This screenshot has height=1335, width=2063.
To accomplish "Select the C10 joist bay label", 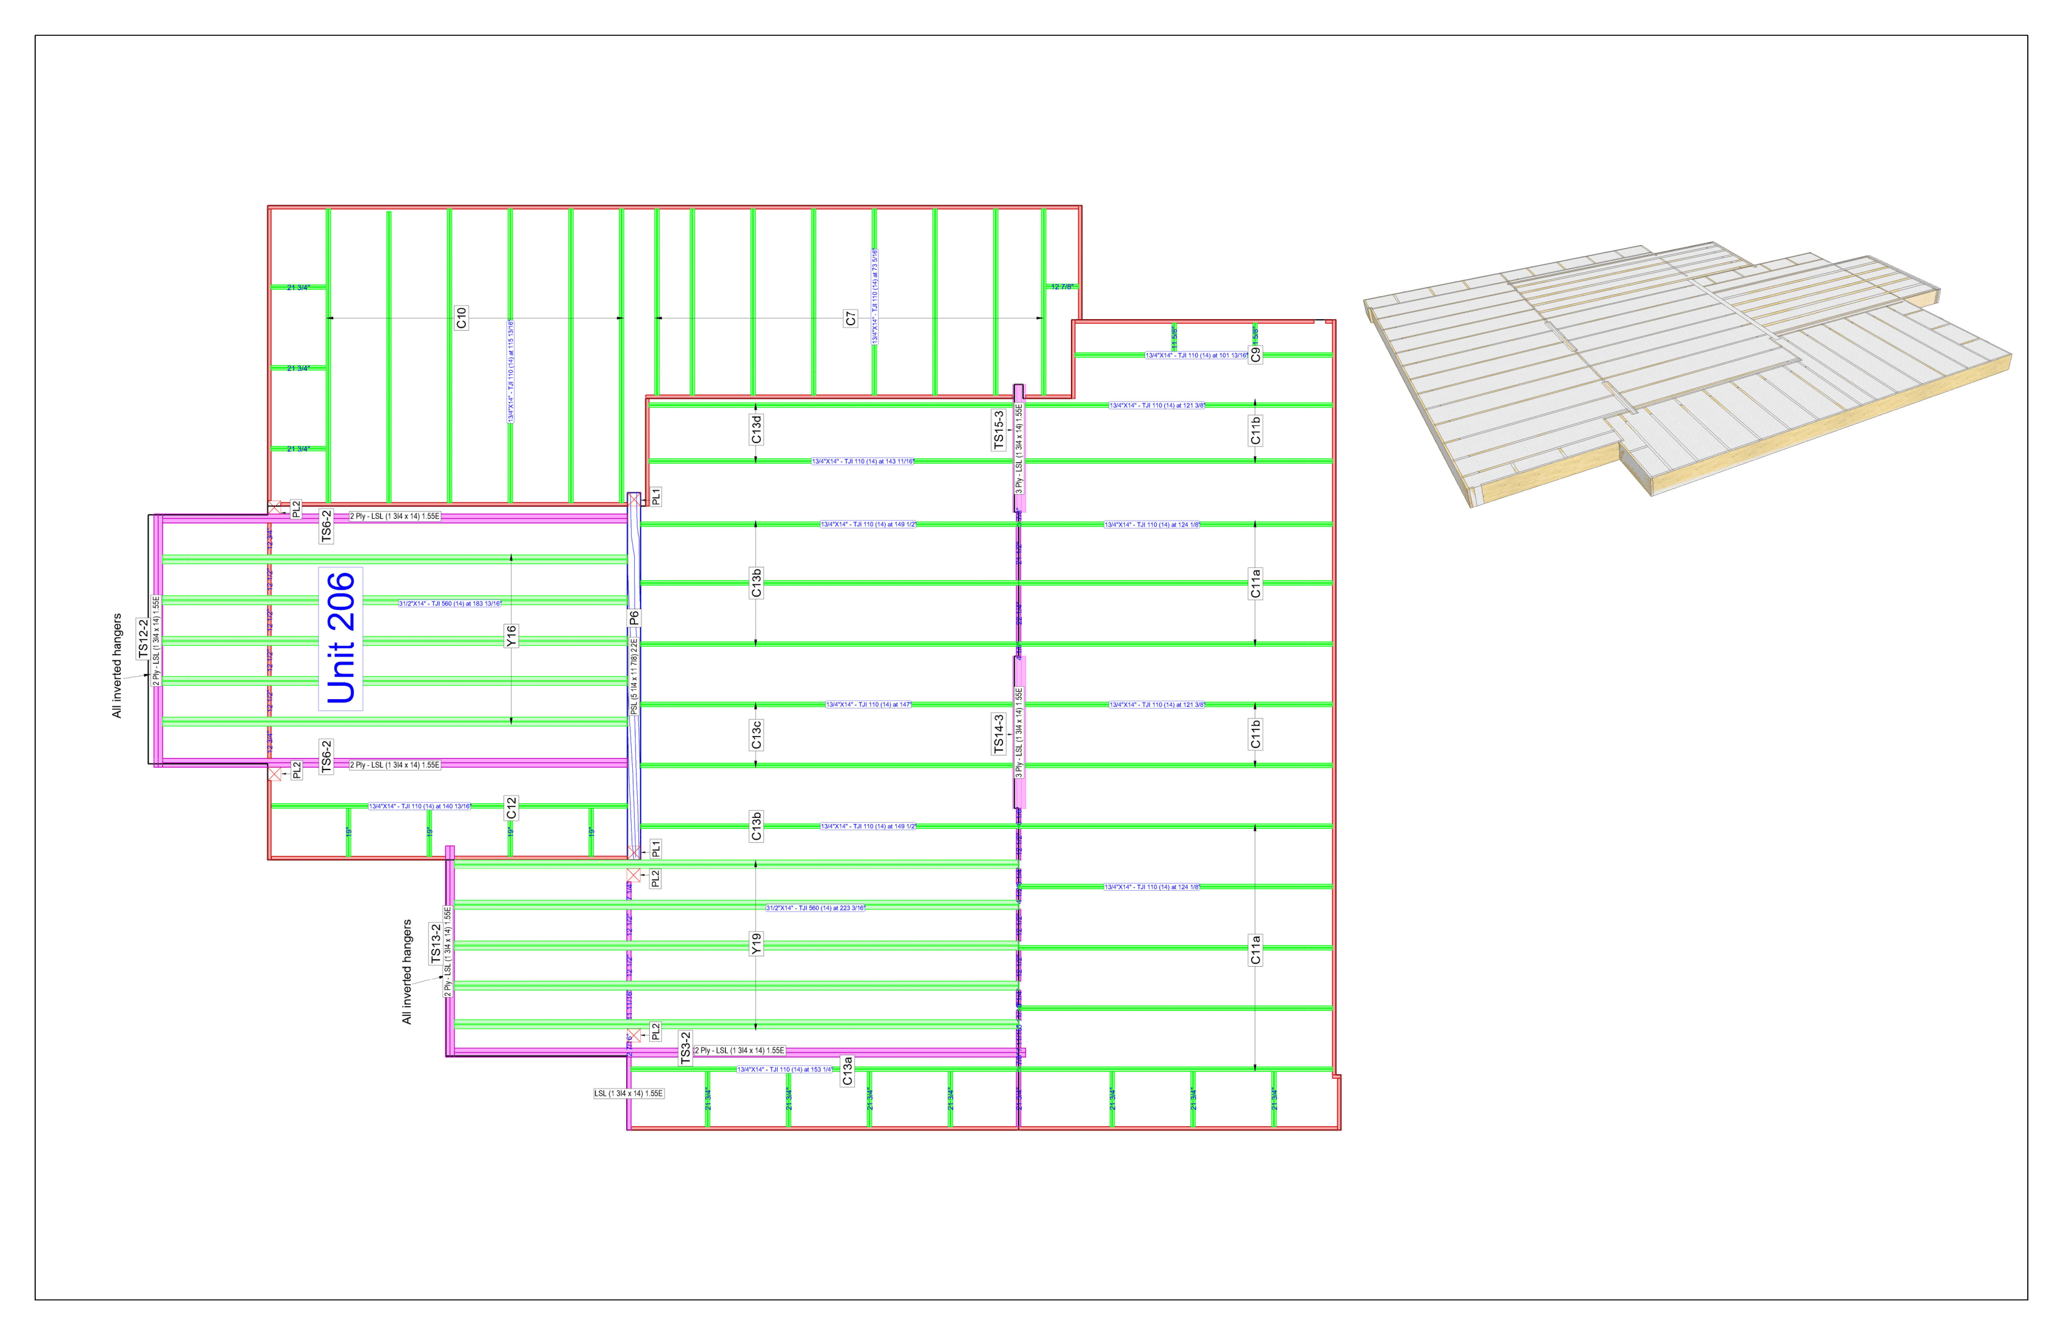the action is coord(461,317).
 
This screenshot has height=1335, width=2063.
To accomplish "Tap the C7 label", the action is coord(850,318).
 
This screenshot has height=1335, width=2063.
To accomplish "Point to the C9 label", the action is coord(1255,354).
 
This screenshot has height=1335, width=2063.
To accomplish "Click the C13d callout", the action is coord(756,429).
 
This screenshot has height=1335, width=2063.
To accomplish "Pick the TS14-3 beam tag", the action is coord(999,734).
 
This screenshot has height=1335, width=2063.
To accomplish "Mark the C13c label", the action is coord(756,734).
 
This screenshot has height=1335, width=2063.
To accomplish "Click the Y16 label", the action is coord(512,637).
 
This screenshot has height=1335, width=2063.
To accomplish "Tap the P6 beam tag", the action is coord(633,618).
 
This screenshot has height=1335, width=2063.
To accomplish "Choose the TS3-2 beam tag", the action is coord(686,1047).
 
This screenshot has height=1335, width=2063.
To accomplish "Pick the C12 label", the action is coord(512,808).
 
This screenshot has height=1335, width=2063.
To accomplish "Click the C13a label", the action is coord(848,1070).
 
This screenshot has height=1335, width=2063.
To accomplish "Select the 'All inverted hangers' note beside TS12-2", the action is coord(117,666).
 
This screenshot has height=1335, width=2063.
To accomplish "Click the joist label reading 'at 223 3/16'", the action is coord(815,908).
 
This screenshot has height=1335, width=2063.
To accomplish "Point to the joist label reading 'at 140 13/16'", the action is coord(420,806).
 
